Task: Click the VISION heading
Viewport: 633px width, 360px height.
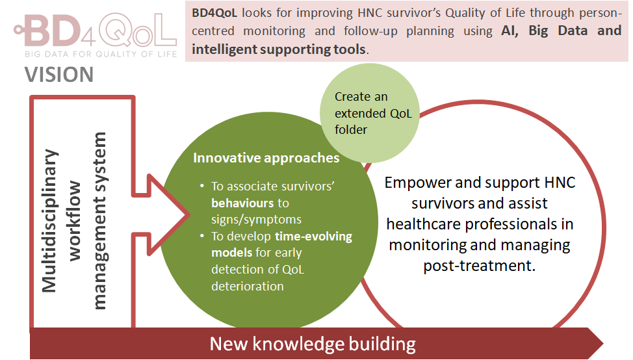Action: tap(59, 75)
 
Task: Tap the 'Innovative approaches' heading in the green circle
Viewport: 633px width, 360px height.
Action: tap(266, 158)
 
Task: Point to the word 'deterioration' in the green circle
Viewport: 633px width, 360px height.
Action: tap(248, 286)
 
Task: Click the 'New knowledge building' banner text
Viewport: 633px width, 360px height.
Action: tap(313, 343)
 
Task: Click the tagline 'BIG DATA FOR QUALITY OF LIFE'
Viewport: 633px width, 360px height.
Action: tap(100, 54)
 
